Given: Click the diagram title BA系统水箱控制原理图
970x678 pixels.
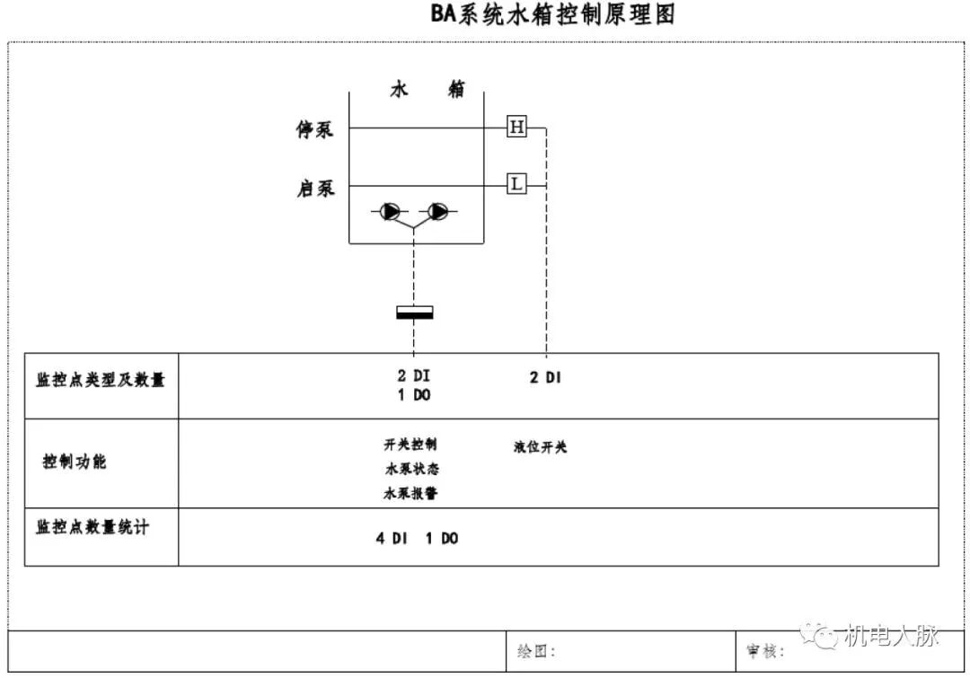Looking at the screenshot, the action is pos(551,15).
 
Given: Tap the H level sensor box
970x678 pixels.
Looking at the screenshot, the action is pos(516,128).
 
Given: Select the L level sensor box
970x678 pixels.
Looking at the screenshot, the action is pos(516,184).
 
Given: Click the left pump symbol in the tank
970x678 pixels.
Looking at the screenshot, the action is pos(391,212).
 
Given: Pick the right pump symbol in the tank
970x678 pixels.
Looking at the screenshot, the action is pos(437,212).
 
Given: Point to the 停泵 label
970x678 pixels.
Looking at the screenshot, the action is pos(315,130).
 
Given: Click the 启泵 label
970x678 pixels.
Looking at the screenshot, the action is pos(315,189).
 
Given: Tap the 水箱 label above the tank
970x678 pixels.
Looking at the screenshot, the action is pos(427,90).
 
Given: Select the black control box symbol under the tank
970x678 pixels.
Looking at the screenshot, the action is pos(414,313).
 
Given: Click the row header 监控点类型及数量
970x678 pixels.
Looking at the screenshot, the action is pos(101,380).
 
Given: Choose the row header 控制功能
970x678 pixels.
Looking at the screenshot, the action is pos(75,462).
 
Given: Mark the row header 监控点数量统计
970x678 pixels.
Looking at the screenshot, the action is pos(93,527).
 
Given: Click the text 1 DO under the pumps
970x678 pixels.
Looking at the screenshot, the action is pos(414,395).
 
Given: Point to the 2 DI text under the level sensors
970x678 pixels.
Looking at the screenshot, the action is pos(545,378).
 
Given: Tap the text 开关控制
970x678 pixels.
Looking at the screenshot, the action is pos(410,445).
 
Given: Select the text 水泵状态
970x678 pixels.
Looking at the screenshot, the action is pos(411,469).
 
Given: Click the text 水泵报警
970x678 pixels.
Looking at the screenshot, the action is pos(410,493).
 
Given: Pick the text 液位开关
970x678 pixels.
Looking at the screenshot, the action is pos(541,446).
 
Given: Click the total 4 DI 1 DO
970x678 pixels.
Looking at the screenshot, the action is pos(417,539).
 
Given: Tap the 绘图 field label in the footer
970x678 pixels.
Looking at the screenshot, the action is pos(537,651).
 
